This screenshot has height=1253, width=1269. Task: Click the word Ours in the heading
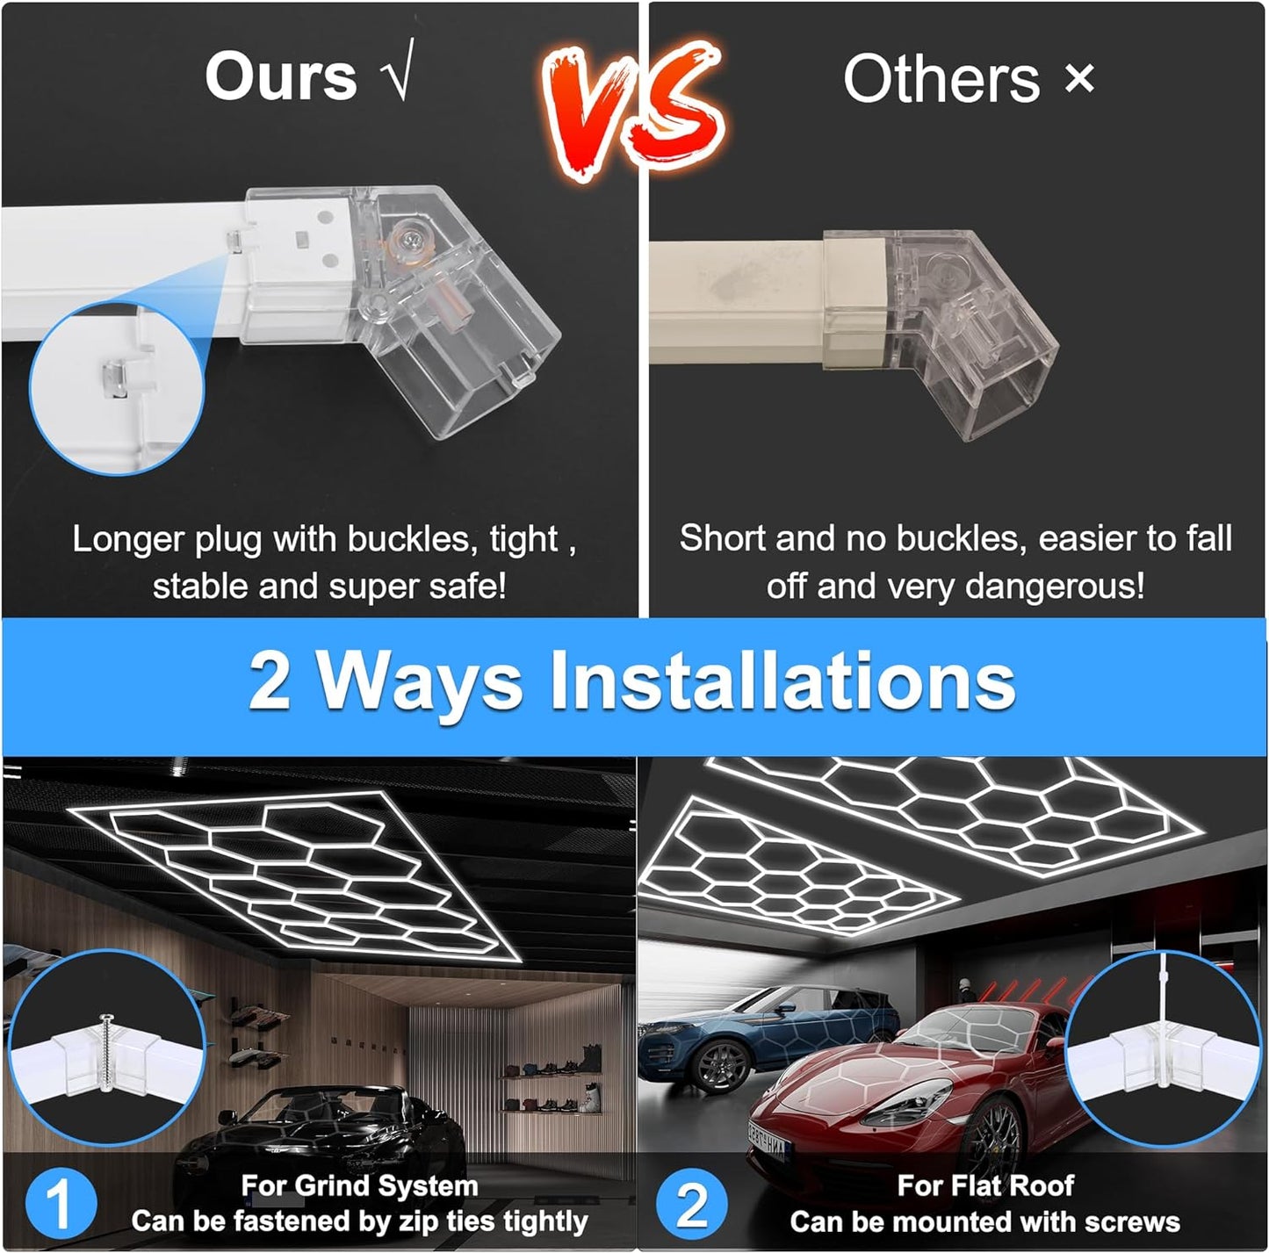pos(281,76)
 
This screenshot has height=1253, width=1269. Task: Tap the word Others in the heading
pos(941,79)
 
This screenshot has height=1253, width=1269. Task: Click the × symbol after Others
pos(1079,79)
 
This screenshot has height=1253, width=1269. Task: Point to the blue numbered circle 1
pos(60,1204)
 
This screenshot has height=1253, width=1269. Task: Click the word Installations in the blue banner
pos(782,682)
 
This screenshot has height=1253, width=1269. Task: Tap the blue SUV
pos(755,1036)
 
